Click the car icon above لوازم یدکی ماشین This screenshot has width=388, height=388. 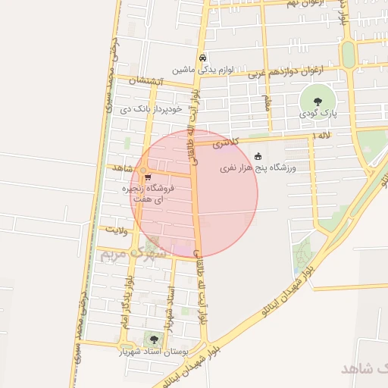(202, 58)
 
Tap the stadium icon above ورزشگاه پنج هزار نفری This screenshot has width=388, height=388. (258, 155)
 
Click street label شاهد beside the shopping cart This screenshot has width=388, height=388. (122, 167)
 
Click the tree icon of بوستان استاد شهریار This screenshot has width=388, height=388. (155, 340)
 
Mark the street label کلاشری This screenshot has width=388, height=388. (226, 142)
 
